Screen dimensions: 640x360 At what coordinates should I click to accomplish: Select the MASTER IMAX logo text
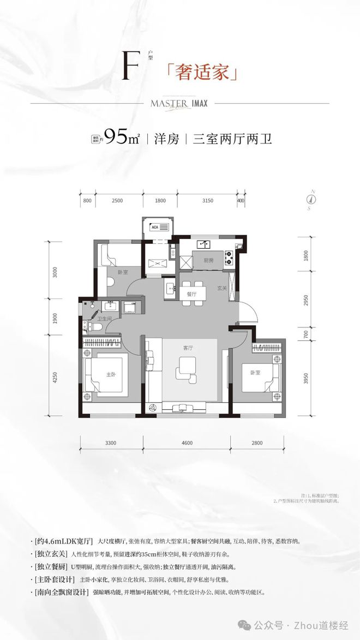[179, 103]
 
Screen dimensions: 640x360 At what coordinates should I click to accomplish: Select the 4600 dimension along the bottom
[186, 443]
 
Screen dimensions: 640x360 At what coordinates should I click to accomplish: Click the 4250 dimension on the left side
[55, 378]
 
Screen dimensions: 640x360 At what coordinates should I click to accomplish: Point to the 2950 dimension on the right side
[306, 301]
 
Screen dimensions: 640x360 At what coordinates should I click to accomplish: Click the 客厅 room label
[188, 348]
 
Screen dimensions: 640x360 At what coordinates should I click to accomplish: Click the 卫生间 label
[104, 318]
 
